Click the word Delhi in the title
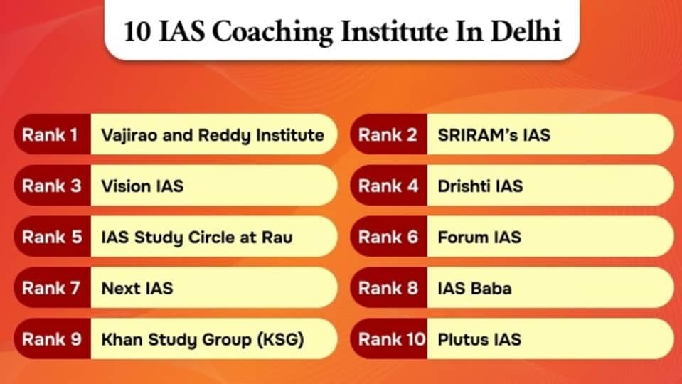click(526, 31)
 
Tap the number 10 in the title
click(137, 32)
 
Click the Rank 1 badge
click(53, 134)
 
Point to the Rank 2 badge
click(389, 134)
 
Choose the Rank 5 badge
click(53, 237)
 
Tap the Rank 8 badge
click(389, 288)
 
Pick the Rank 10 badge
click(389, 339)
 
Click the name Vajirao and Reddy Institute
click(213, 135)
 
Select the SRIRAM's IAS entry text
click(494, 135)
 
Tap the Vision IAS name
click(142, 186)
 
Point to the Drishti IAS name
click(480, 186)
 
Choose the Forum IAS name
click(479, 238)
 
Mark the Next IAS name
click(137, 288)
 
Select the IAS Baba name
click(474, 288)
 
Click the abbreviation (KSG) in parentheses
click(280, 340)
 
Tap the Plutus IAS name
click(479, 340)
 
